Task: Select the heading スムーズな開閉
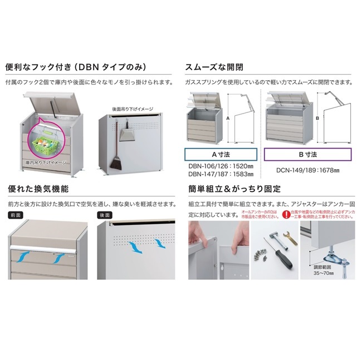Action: (215, 68)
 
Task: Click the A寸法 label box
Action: (221, 155)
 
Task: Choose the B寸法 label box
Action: (307, 155)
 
